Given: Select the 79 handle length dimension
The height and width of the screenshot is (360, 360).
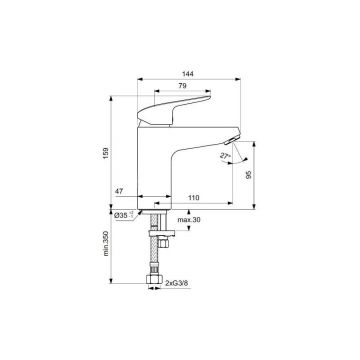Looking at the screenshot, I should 183,87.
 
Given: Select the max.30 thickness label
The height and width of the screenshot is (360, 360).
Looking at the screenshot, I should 190,219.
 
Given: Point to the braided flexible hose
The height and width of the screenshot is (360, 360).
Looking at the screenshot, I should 154,250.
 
